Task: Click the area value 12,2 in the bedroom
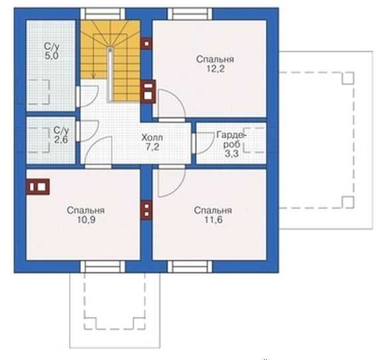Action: pos(215,69)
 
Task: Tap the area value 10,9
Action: pos(86,220)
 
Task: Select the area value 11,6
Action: pos(213,220)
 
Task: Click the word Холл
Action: pos(152,137)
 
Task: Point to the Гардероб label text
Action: pos(231,139)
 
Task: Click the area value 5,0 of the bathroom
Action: pos(52,56)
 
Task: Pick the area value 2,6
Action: pos(61,139)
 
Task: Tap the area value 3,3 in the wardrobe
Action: pos(231,153)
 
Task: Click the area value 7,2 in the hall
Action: pos(152,147)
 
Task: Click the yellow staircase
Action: pos(110,60)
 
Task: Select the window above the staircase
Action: pos(102,14)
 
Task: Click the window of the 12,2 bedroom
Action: pos(190,14)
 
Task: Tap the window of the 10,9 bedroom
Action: pos(102,266)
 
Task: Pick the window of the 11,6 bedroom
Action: pos(190,266)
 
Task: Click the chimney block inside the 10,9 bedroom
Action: pos(38,187)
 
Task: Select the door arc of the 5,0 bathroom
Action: pos(96,99)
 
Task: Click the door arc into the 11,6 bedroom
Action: pos(180,188)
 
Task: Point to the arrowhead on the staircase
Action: pos(93,77)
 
